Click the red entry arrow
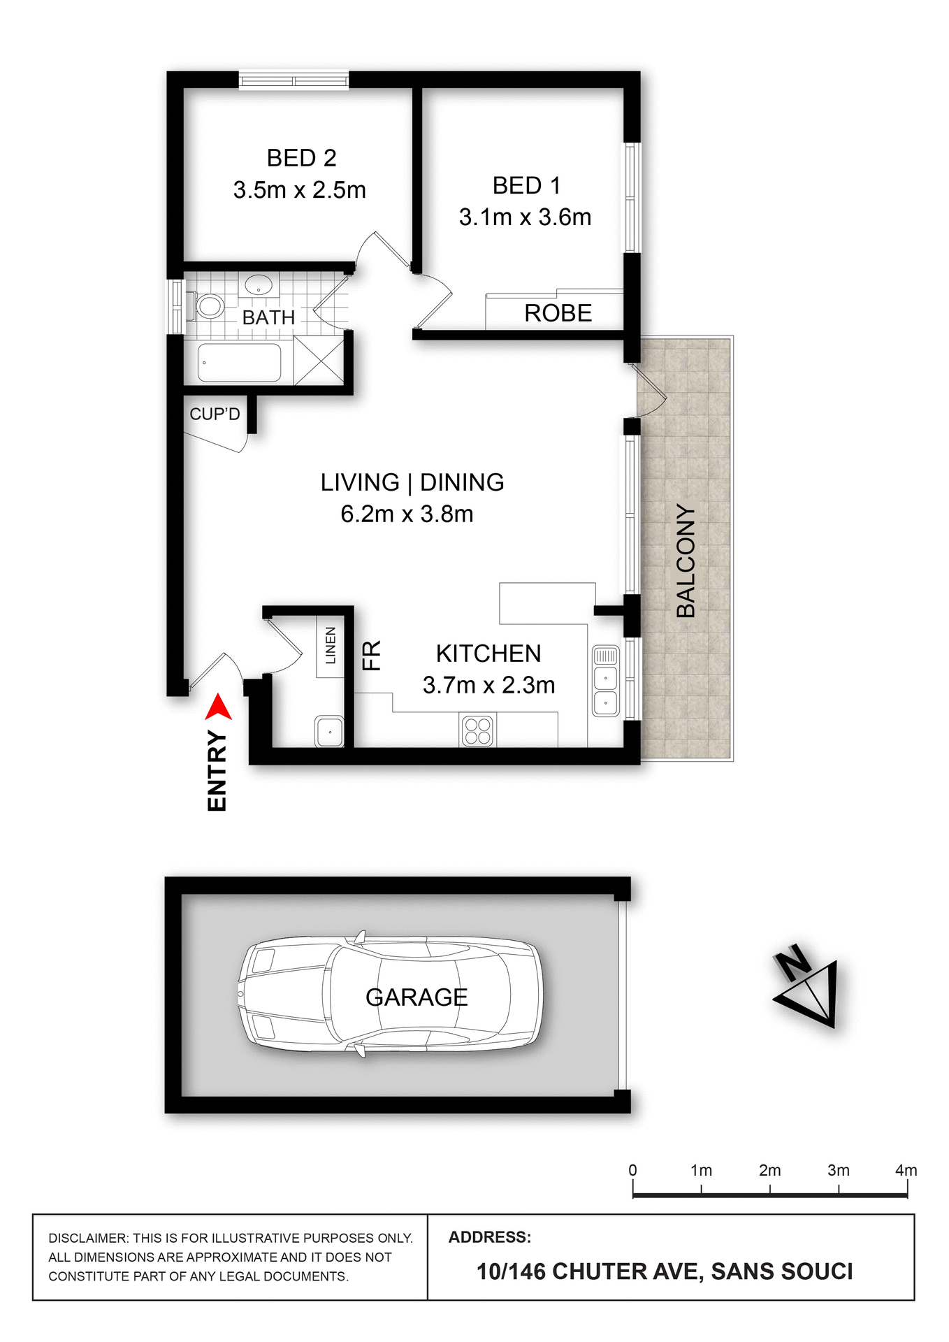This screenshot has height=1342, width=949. point(219,707)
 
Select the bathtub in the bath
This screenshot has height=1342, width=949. point(239,362)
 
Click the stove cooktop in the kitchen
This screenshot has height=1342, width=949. point(478,730)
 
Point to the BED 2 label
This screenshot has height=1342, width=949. point(301,158)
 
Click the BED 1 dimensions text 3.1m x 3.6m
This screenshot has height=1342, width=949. point(525,217)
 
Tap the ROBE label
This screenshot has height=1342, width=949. point(558,313)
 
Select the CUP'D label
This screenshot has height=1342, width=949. point(215,414)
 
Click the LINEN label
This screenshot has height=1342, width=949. point(331,645)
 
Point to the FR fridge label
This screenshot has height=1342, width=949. point(371,656)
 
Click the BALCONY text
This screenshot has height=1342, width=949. point(686,561)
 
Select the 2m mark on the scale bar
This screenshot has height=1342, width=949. point(769,1190)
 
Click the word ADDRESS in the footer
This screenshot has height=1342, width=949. point(489,1237)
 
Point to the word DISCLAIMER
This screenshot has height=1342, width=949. point(87,1238)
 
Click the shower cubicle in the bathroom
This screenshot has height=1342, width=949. point(319,360)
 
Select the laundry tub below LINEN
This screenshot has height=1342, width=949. point(329,731)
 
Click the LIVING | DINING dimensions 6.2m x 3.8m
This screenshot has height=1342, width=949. point(407,514)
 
